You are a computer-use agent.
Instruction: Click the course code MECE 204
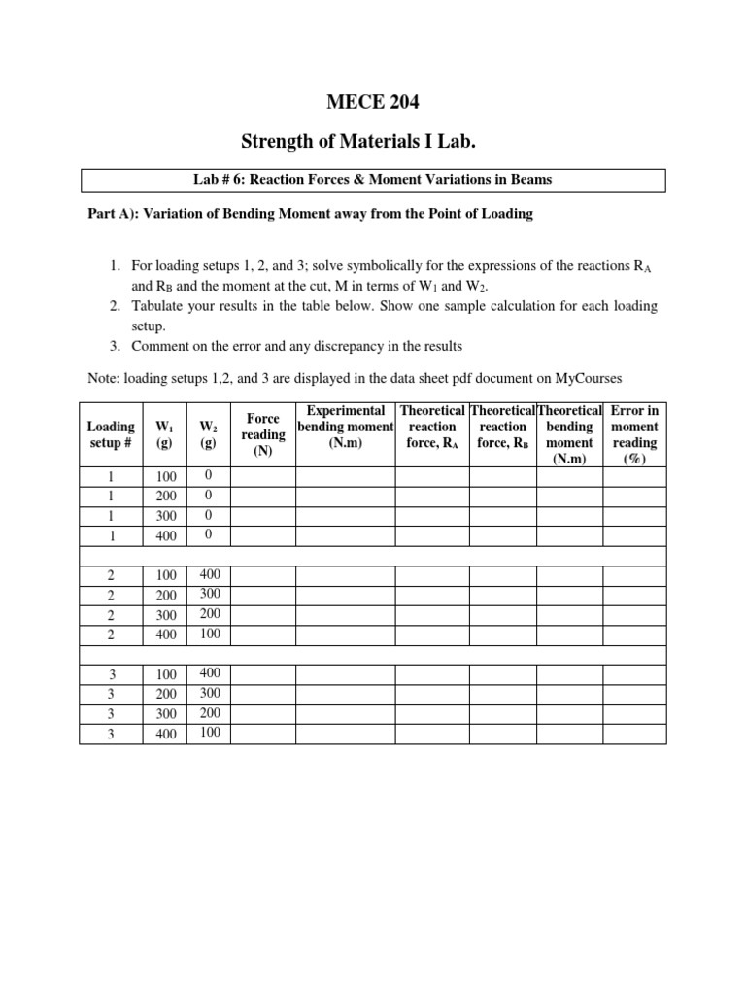(x=373, y=102)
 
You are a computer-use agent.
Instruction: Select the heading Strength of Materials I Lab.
(x=373, y=143)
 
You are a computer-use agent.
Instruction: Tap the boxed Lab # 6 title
(x=373, y=180)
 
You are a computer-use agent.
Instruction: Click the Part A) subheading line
(x=310, y=214)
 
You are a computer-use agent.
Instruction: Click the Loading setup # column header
(x=111, y=434)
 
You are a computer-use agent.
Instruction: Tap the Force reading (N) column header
(x=262, y=434)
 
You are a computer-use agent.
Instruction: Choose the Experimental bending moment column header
(x=345, y=428)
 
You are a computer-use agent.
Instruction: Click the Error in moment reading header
(x=634, y=434)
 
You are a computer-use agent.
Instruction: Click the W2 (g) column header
(x=208, y=434)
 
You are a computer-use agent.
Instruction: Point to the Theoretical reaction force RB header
(x=502, y=428)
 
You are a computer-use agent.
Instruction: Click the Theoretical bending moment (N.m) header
(x=569, y=434)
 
